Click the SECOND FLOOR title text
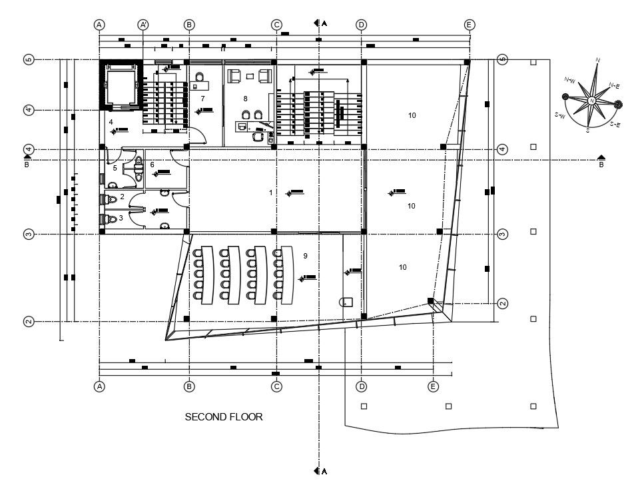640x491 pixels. pos(224,417)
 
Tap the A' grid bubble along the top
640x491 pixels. pos(143,25)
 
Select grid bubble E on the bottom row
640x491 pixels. pos(434,386)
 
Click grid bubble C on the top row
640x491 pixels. pos(276,25)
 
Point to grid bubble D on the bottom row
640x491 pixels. pos(362,386)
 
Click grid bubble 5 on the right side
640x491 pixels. pos(503,59)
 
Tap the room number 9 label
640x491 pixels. pos(305,255)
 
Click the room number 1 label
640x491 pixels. pos(270,193)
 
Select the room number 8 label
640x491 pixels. pos(245,99)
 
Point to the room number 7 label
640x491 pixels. pos(202,99)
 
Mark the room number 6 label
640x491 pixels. pos(152,165)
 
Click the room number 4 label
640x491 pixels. pos(111,121)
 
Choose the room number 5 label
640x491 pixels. pos(115,169)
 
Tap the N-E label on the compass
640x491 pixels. pos(615,86)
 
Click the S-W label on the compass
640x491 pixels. pos(560,116)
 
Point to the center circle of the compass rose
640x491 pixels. pos(591,101)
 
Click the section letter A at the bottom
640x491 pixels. pos(324,472)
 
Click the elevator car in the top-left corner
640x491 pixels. pos(121,85)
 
